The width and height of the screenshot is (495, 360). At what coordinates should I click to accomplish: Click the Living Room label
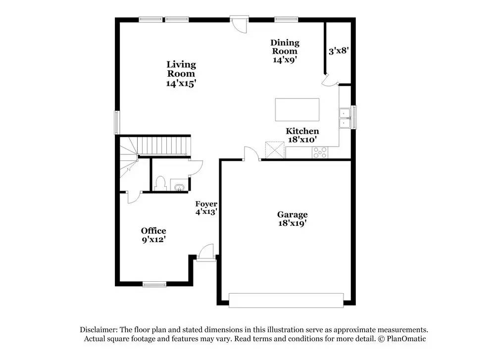[181, 69]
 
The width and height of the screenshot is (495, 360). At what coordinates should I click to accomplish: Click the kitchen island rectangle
[297, 109]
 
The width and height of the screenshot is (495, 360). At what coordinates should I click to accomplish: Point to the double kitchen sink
[344, 117]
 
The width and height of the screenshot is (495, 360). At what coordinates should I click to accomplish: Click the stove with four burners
[320, 153]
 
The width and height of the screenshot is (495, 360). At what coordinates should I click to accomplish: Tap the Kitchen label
[302, 131]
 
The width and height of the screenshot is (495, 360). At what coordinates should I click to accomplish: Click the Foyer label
[206, 204]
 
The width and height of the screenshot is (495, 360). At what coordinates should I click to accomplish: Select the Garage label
[292, 214]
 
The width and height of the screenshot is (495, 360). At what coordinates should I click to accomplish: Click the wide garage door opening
[286, 300]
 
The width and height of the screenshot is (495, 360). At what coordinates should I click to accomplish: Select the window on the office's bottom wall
[154, 284]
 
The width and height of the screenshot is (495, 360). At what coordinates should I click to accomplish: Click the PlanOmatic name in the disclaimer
[405, 339]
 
